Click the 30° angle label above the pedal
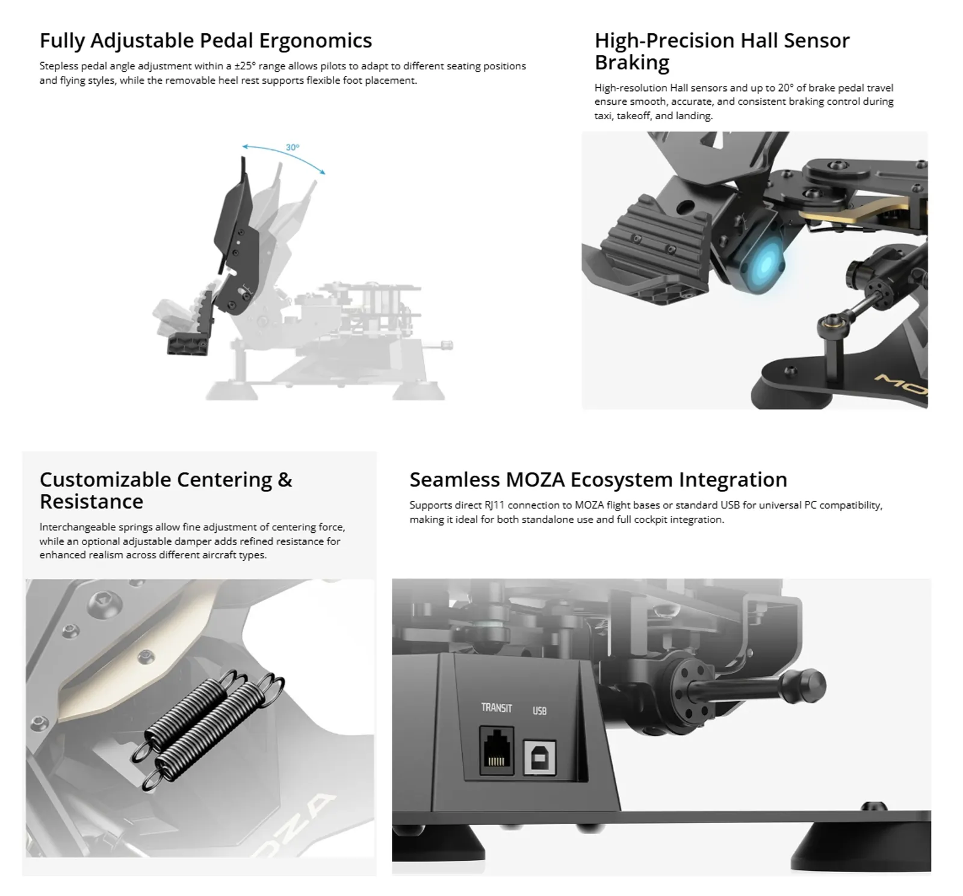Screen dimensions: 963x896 coord(293,148)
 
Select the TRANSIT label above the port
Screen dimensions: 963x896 coord(497,708)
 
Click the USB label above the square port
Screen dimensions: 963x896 coord(539,711)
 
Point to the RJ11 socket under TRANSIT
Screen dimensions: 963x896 coord(497,750)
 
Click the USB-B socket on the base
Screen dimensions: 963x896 coord(539,756)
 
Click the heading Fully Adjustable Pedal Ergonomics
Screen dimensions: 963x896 coord(206,40)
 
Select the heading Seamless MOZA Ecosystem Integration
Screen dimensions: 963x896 coord(598,479)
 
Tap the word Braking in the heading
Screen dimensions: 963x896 coord(632,62)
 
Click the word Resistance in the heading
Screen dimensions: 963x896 coord(91,501)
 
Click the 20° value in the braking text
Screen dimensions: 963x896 coord(785,88)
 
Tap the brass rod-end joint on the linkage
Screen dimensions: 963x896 coord(829,326)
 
